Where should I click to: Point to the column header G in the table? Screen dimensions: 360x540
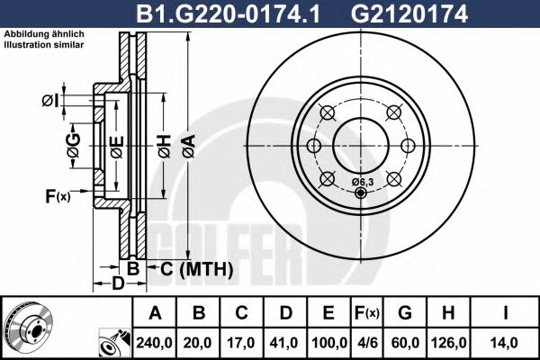click(405, 313)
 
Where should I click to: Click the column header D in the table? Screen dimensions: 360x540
click(285, 313)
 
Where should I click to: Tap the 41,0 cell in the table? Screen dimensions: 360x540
click(285, 343)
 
